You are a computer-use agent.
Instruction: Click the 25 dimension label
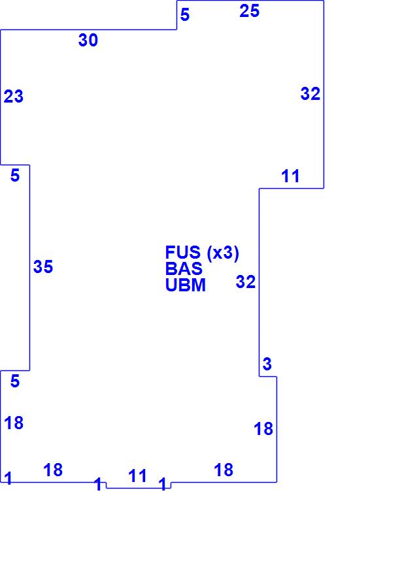click(249, 10)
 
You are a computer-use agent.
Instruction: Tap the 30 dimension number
click(88, 40)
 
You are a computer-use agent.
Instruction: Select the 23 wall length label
click(14, 97)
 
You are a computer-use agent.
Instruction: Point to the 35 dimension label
click(43, 267)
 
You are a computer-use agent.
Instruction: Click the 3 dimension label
click(267, 364)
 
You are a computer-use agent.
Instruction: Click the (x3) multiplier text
click(223, 253)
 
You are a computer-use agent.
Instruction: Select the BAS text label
click(184, 269)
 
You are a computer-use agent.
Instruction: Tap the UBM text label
click(186, 285)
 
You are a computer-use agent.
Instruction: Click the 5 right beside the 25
click(185, 15)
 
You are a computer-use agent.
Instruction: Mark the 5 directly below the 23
click(15, 176)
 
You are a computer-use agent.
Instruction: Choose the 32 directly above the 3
click(246, 282)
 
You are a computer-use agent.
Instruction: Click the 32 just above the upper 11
click(310, 94)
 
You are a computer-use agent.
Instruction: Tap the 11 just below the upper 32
click(290, 176)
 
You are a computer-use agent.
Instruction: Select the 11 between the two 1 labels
click(138, 476)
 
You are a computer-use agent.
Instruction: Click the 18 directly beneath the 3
click(263, 429)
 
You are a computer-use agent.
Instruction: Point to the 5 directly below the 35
click(15, 382)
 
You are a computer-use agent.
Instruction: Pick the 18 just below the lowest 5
click(14, 423)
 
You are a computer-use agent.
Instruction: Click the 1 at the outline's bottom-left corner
click(8, 478)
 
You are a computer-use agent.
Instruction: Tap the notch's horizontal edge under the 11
click(139, 488)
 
